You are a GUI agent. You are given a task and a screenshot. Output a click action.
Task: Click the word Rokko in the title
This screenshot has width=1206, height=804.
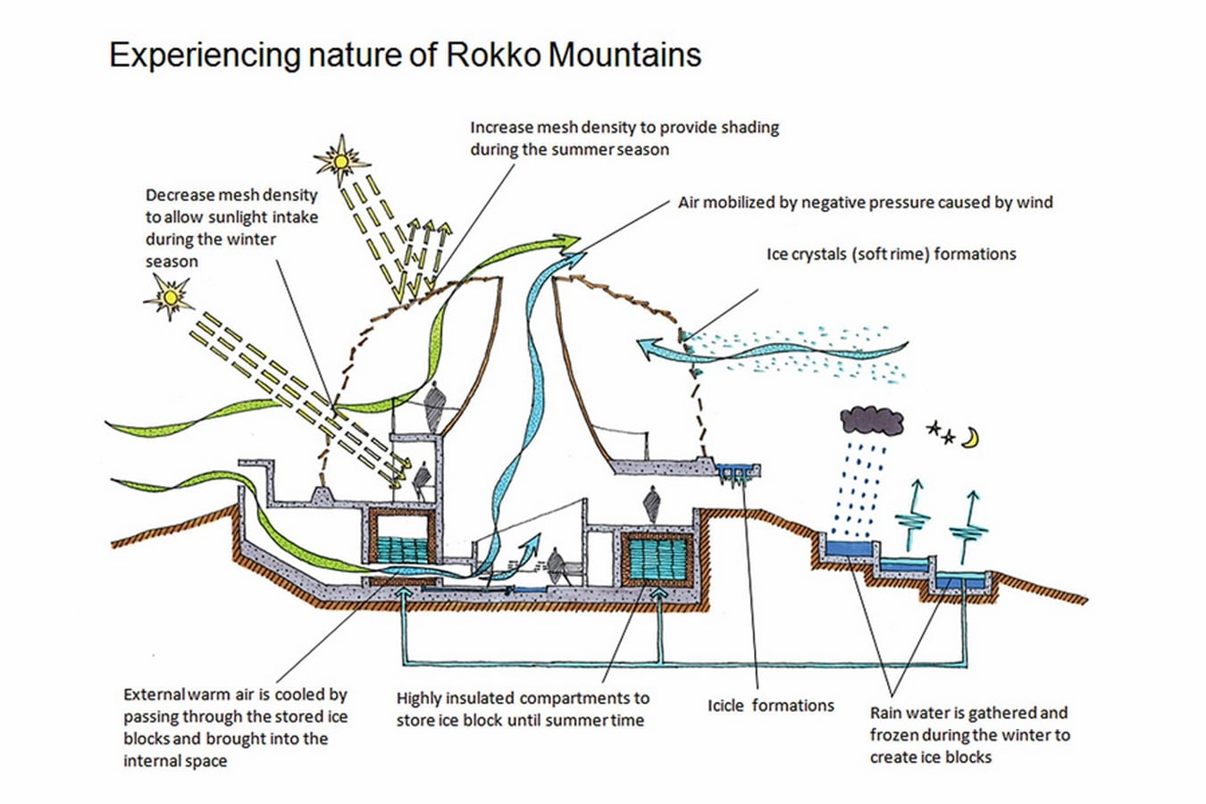tap(493, 54)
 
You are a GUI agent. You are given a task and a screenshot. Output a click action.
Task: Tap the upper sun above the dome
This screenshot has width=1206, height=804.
tap(340, 161)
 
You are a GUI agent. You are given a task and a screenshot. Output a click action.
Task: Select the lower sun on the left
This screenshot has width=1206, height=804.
tap(169, 297)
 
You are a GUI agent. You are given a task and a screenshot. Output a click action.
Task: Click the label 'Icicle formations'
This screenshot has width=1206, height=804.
tap(770, 706)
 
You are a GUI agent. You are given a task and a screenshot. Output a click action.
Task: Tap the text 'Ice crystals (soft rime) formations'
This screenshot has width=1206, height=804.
tap(891, 255)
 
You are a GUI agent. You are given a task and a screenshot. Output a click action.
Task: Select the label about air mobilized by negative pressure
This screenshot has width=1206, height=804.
tap(866, 203)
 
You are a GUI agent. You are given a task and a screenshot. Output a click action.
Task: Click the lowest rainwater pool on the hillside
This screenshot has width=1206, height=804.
tap(962, 582)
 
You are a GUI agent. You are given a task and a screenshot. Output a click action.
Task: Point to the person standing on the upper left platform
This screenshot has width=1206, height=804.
tap(435, 406)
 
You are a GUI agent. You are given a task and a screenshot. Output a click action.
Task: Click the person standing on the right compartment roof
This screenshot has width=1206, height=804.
tap(652, 505)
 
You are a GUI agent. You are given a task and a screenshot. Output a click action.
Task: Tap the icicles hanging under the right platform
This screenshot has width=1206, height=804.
tap(734, 478)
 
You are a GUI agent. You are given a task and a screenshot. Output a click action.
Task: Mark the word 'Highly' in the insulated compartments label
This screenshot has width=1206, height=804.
tap(418, 699)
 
